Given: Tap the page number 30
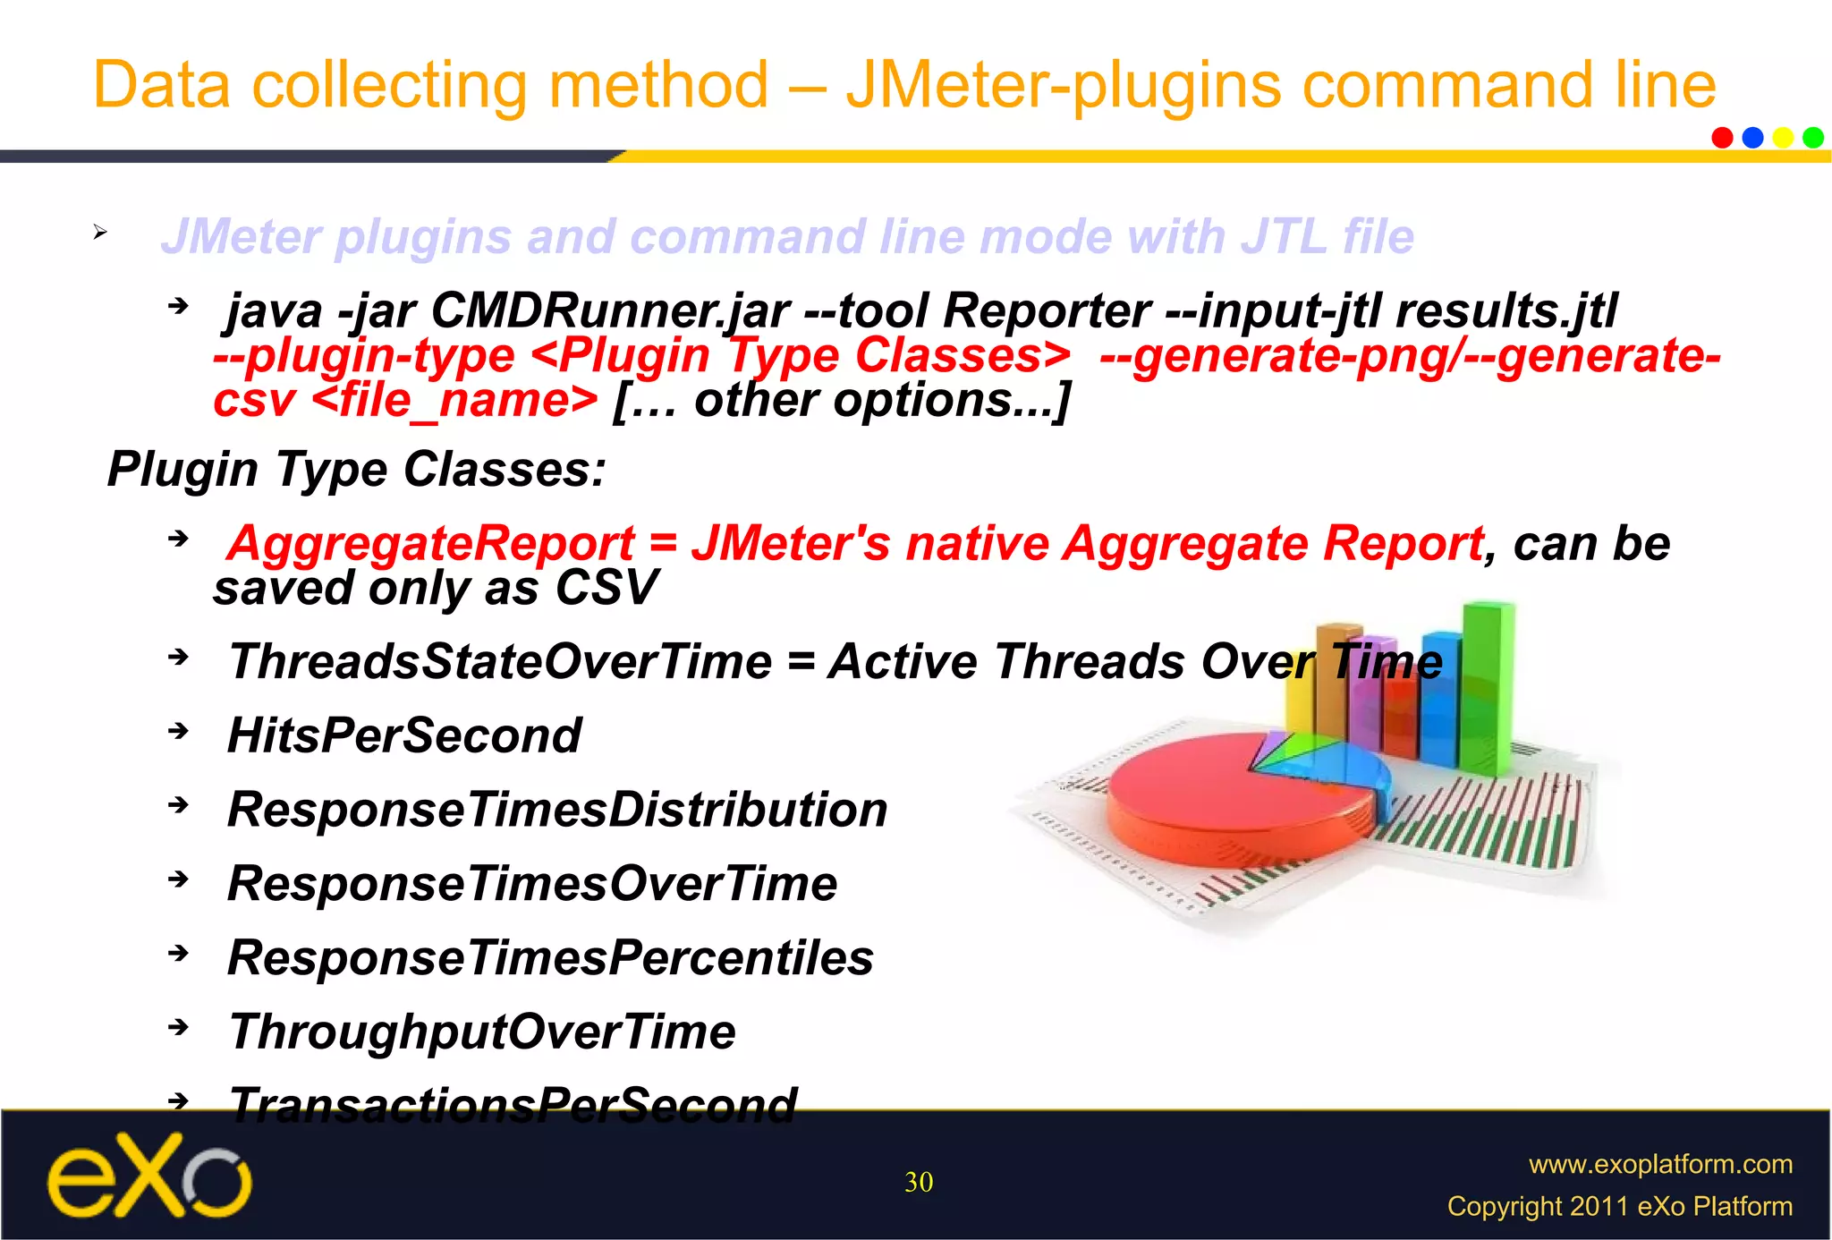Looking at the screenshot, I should tap(919, 1183).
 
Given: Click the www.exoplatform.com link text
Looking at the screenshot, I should tap(1660, 1164).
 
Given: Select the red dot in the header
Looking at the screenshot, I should tap(1722, 138).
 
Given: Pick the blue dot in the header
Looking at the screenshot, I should tap(1752, 138).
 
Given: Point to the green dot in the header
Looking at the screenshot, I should tap(1813, 138).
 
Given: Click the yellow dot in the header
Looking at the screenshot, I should tap(1783, 138).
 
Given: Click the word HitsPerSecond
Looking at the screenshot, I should tap(404, 735).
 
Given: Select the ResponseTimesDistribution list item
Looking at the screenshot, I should tap(557, 810).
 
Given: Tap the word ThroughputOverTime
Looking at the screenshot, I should tap(482, 1032).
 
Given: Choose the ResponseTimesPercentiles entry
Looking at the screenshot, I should tap(550, 958).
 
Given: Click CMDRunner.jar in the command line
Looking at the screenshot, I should tap(610, 311).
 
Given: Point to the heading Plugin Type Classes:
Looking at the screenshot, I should tap(356, 469).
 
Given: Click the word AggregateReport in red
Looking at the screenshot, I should tap(431, 544).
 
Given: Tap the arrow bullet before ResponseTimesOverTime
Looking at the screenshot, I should tap(179, 879).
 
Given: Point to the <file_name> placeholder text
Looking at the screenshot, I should tap(455, 400).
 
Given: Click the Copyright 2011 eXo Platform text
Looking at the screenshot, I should tap(1619, 1206).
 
